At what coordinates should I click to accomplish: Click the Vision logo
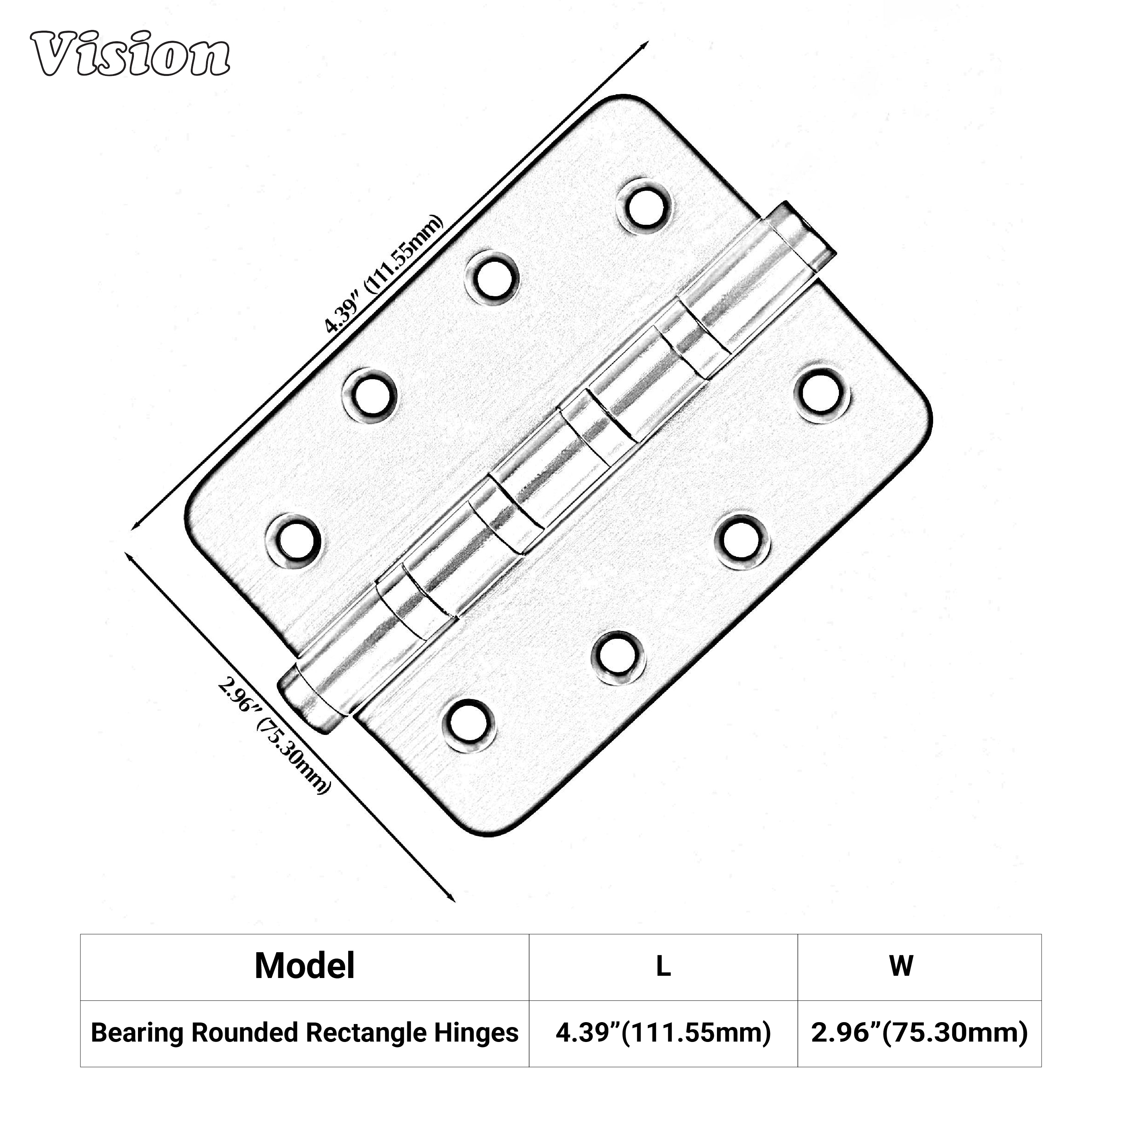(130, 54)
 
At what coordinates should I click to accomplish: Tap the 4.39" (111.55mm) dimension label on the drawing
(384, 275)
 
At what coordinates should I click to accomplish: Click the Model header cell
(304, 966)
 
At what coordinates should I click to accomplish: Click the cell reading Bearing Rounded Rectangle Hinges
(304, 1033)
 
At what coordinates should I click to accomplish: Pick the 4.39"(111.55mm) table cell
(663, 1033)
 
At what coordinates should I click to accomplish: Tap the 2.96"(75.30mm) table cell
(919, 1033)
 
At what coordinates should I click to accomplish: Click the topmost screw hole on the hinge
(646, 206)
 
